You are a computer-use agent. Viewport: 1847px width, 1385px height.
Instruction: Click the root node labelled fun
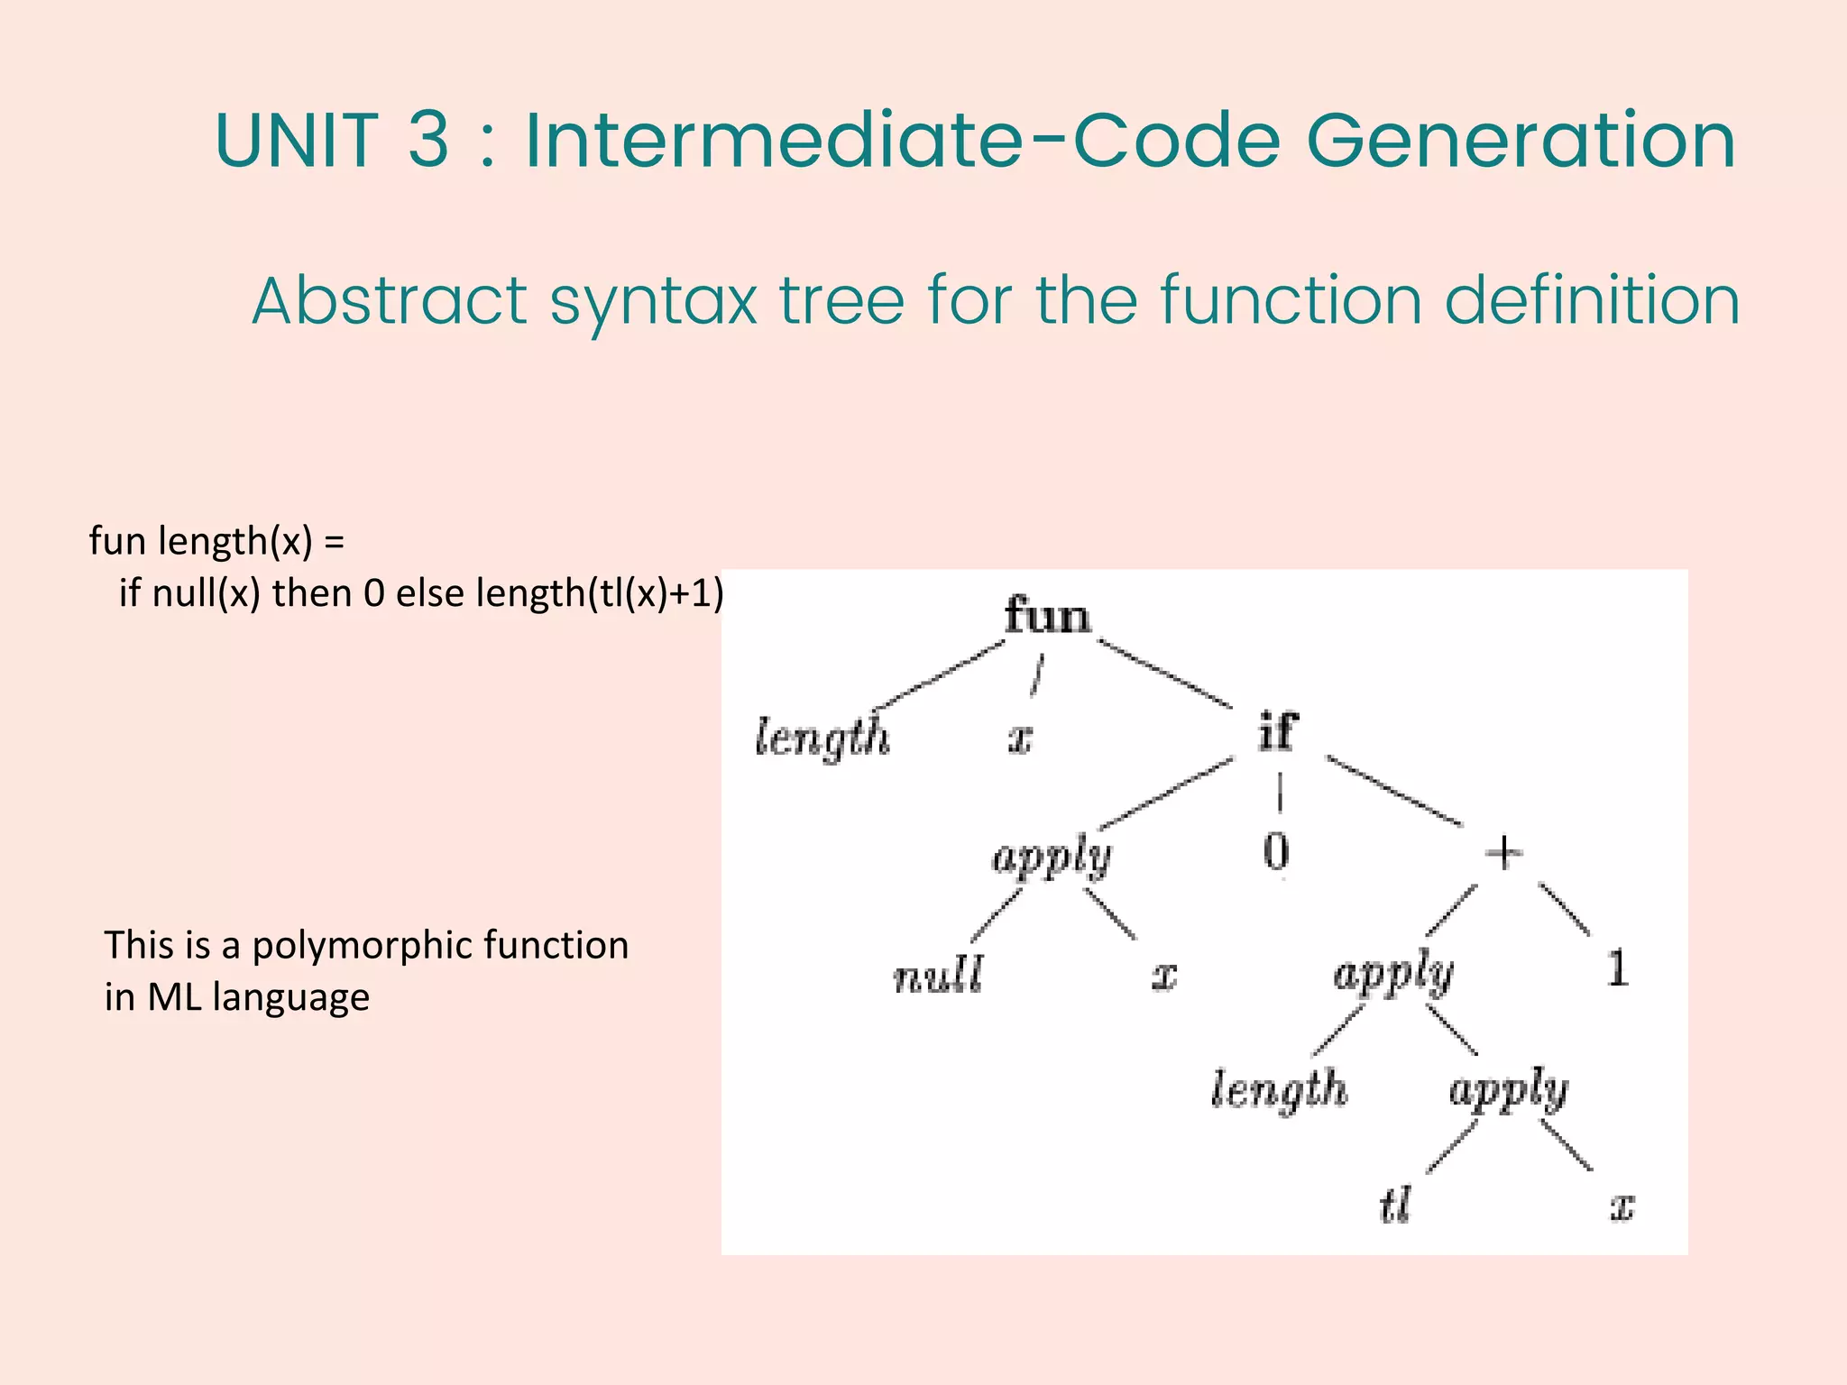[1047, 617]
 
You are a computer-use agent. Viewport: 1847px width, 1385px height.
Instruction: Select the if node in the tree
[1278, 731]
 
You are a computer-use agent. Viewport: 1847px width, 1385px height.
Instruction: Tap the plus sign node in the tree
[1503, 852]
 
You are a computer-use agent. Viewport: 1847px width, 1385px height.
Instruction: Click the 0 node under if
[1276, 851]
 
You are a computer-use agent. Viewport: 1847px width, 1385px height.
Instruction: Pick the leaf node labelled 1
[1617, 969]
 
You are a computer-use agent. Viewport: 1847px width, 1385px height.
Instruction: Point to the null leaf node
[938, 976]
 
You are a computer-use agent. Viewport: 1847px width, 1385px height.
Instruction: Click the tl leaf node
[1394, 1206]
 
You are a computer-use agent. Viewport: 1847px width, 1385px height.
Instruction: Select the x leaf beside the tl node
[1622, 1206]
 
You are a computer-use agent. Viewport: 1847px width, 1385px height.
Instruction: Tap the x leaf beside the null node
[1164, 977]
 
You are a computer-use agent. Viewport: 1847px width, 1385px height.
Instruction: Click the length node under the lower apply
[1279, 1089]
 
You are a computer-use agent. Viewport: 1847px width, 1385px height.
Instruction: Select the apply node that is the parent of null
[1052, 857]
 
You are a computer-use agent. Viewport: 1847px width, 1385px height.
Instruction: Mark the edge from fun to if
[1165, 674]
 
